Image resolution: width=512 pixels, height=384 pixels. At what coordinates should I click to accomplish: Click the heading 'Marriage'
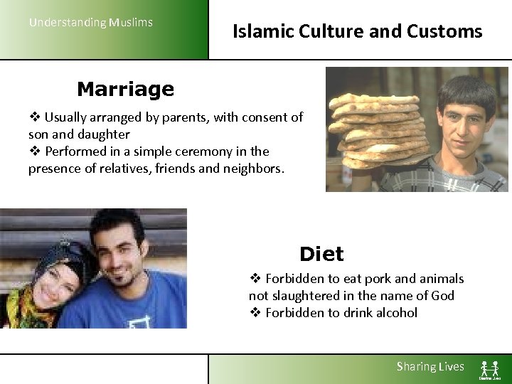125,90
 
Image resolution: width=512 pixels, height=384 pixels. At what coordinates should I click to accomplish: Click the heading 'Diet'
321,254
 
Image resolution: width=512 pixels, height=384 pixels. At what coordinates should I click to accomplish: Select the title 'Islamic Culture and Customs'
357,32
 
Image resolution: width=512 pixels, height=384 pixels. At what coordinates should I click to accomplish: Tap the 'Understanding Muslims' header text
90,22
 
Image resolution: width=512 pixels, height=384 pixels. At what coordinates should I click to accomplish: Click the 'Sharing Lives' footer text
430,367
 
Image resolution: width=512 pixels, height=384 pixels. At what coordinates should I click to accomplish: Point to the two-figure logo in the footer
489,370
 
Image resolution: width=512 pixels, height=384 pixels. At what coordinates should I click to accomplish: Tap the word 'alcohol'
395,313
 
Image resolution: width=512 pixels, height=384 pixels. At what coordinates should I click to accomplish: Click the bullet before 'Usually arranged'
34,117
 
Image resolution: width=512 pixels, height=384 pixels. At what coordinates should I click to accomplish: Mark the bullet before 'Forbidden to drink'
255,313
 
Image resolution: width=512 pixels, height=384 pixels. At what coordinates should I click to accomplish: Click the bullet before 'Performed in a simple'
34,151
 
